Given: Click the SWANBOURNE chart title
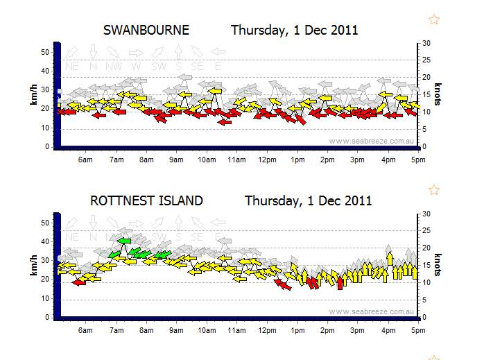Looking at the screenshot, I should click(x=146, y=31).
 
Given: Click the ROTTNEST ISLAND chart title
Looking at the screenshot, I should click(x=146, y=201).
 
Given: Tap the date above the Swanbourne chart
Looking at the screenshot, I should click(x=295, y=31).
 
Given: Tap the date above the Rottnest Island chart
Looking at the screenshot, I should click(x=309, y=201).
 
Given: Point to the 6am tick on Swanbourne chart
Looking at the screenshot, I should click(x=86, y=160).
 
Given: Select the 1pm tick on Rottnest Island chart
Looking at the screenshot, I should click(x=297, y=331).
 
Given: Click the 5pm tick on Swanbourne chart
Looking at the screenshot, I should click(x=417, y=160).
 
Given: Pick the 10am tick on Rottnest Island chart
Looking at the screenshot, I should click(x=207, y=331).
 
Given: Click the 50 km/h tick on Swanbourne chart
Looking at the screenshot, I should click(x=48, y=52).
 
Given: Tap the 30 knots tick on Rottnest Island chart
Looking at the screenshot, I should click(x=426, y=214).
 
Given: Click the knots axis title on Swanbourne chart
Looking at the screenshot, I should click(x=438, y=94).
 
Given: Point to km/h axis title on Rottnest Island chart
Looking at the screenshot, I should click(x=33, y=265).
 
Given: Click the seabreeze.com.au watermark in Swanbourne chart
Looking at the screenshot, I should click(x=371, y=141).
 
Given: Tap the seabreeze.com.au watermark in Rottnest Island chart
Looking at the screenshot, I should click(x=371, y=311).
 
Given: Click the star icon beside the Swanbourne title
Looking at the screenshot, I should click(x=434, y=19).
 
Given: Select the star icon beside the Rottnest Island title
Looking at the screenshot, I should click(x=434, y=190).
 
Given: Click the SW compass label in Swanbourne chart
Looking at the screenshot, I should click(x=159, y=66).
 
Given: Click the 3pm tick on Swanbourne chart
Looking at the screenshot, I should click(x=357, y=160).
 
